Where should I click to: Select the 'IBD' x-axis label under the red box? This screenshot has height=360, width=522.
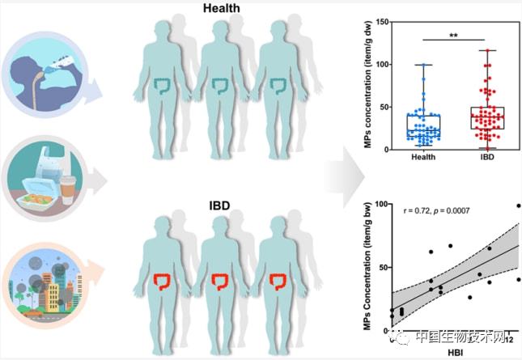486,157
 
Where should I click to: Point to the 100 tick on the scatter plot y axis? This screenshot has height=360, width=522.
381,205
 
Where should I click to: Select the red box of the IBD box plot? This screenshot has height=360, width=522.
487,118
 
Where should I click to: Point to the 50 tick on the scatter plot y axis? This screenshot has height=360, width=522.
383,267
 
